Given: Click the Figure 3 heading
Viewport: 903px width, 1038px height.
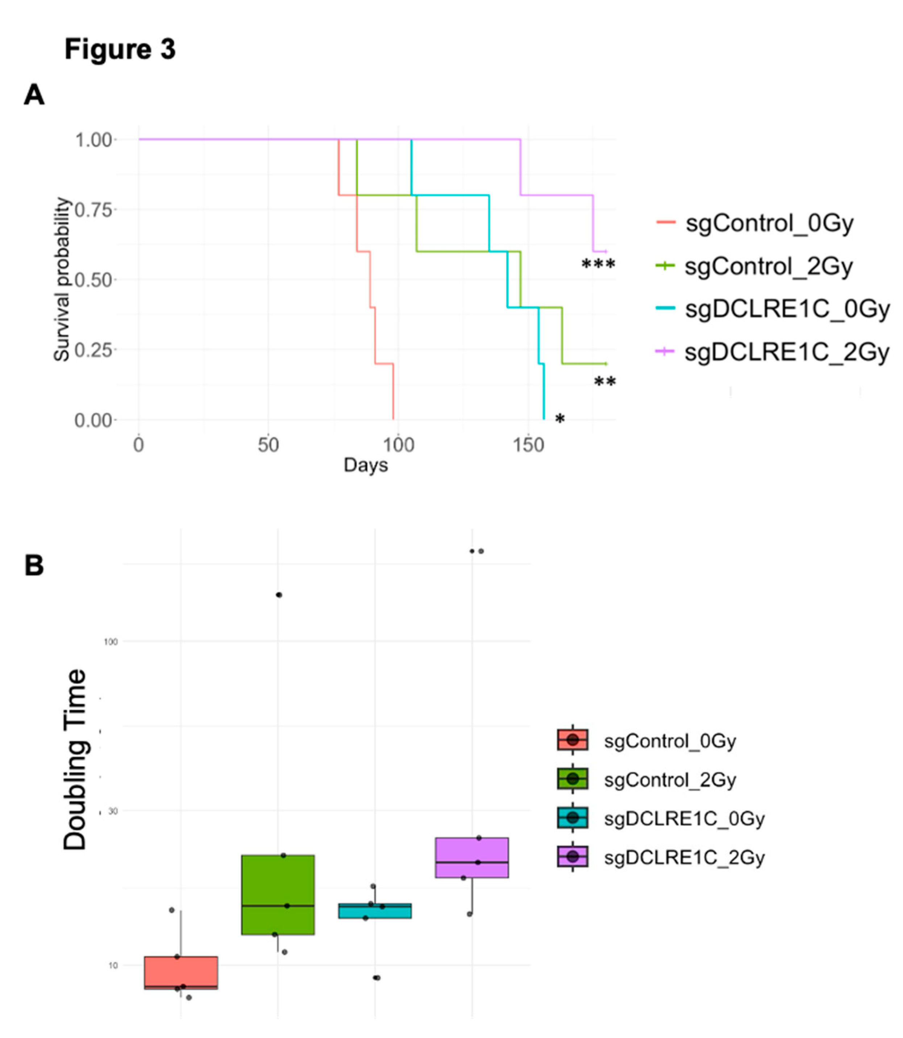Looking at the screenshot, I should coord(120,49).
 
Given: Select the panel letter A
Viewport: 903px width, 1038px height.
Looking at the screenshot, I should coord(34,95).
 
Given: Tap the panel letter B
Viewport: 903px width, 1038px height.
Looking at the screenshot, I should coord(34,565).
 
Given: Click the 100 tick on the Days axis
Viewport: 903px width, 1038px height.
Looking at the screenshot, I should coord(398,444).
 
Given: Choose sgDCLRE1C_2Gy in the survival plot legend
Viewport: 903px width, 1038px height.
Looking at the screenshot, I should coord(786,352).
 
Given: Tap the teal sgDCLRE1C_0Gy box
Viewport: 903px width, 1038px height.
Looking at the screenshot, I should coord(375,910).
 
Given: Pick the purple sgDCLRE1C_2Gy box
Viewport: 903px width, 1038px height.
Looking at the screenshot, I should coord(472,857).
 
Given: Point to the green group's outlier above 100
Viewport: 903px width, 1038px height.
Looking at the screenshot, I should coord(279,595).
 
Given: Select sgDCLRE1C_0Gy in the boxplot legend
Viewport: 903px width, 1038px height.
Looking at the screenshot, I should coord(684,818).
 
